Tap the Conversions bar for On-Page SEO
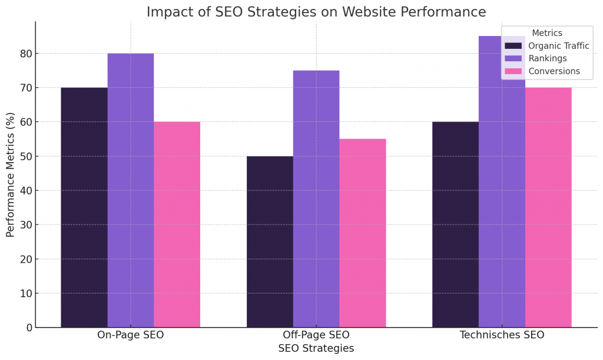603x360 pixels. pos(177,224)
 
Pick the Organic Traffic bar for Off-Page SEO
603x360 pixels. pos(270,242)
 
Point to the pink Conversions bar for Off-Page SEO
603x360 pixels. pos(363,233)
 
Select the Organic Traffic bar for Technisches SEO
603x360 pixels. pos(455,224)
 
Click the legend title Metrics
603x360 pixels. pos(546,34)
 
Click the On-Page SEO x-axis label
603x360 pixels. pos(130,335)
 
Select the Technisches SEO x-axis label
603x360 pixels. pos(502,335)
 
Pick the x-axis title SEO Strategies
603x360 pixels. pos(316,348)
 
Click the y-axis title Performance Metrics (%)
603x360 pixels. pos(11,174)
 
